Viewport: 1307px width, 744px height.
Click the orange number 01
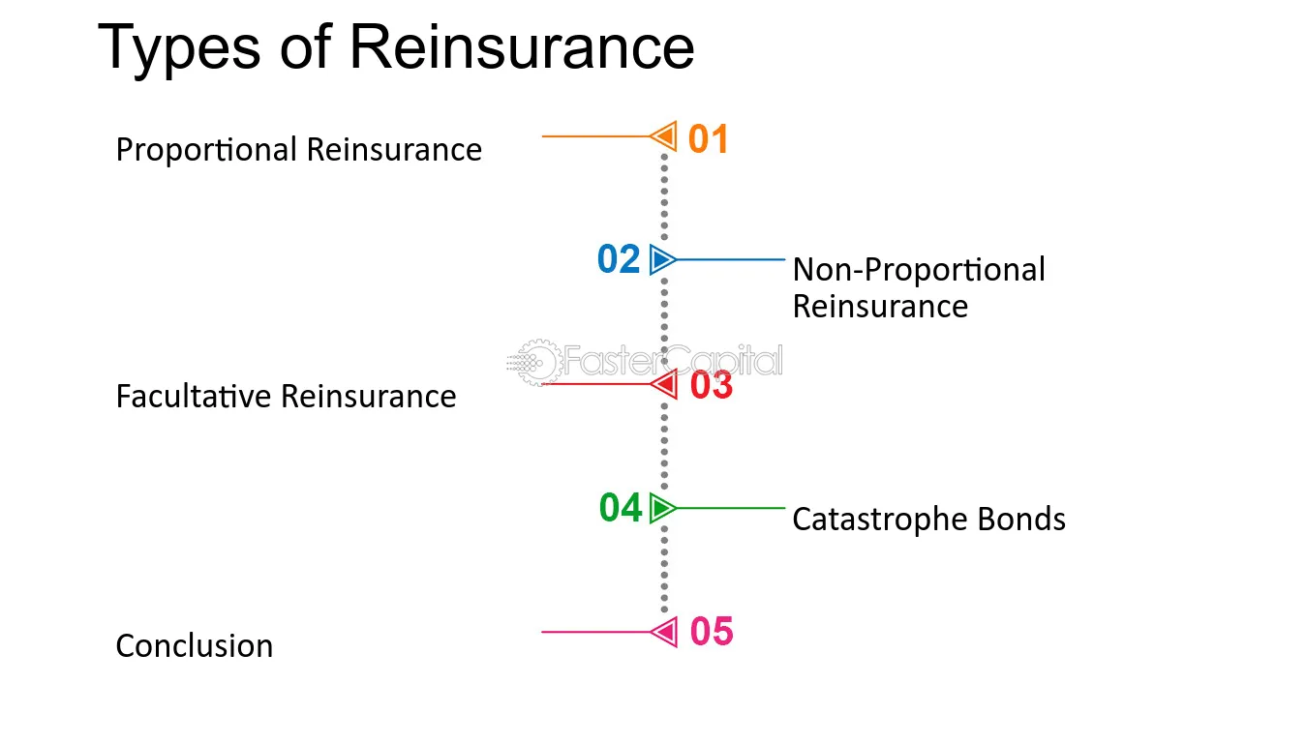coord(709,138)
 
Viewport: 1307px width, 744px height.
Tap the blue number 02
coord(619,259)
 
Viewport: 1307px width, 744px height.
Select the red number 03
coord(712,385)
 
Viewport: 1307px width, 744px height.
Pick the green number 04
coord(621,508)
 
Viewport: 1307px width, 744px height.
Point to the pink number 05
coord(712,632)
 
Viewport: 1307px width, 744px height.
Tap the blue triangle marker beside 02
coord(663,259)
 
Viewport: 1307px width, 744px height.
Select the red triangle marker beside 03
coord(665,384)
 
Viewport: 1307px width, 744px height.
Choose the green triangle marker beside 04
coord(663,508)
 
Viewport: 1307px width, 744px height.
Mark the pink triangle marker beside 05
coord(665,632)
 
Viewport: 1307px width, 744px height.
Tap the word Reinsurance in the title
coord(522,46)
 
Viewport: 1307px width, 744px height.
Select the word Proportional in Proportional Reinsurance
coord(206,150)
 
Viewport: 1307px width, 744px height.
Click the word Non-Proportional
coord(919,271)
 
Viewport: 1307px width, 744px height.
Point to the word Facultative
coord(194,397)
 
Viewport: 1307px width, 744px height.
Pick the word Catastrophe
coord(880,520)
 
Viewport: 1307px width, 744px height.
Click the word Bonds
coord(1021,519)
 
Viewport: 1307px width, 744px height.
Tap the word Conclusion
coord(195,646)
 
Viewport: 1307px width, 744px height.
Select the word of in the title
coord(305,46)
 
